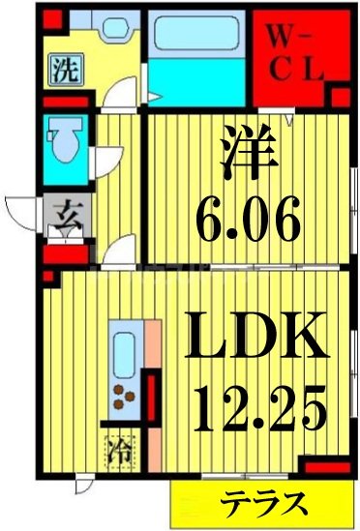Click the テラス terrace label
(x=263, y=503)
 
